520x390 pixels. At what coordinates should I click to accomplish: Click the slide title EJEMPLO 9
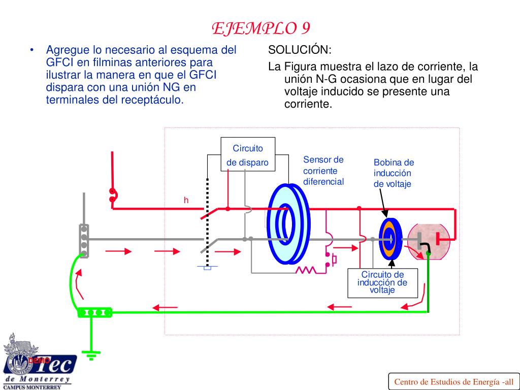tap(261, 28)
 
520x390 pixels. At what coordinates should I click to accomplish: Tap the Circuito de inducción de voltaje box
tap(382, 283)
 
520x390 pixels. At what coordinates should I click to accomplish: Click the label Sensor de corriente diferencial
tap(323, 171)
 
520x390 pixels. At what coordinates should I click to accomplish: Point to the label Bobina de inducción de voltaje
tap(394, 173)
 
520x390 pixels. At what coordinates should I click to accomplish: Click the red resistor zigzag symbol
tap(306, 269)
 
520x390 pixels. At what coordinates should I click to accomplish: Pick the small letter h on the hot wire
tap(186, 201)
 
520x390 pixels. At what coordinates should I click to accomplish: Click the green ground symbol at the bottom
tap(91, 355)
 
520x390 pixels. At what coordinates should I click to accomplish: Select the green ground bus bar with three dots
tap(94, 312)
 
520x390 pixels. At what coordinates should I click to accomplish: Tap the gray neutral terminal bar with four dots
tap(84, 241)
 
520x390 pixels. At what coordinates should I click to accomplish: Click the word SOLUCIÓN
tap(300, 50)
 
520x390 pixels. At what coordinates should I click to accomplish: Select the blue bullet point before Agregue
tap(32, 50)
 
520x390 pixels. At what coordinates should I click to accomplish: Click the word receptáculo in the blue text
tap(156, 100)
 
